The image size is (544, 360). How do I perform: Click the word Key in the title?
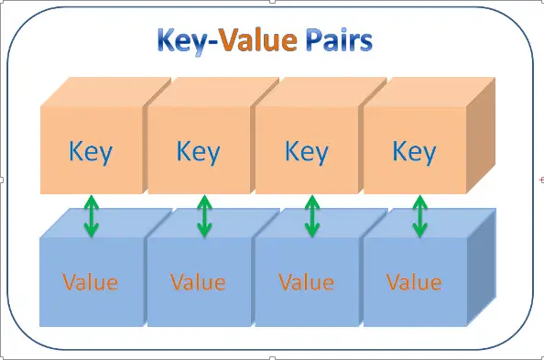[x=181, y=42]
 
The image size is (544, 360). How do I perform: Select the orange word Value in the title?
[x=259, y=42]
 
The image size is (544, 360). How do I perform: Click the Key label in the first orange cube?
[x=90, y=151]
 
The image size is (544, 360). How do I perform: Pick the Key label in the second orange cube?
[x=198, y=151]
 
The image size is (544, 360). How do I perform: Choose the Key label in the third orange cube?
[x=306, y=151]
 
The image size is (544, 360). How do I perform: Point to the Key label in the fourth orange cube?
[x=414, y=151]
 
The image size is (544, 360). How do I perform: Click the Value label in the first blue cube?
[x=90, y=281]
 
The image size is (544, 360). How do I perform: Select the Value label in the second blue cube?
[x=198, y=281]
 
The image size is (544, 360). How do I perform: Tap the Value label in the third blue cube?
[x=306, y=281]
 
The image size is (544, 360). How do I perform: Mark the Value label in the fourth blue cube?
[x=414, y=281]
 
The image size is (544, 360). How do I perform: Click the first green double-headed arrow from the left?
[x=91, y=217]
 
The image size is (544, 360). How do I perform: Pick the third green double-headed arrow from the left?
[x=311, y=217]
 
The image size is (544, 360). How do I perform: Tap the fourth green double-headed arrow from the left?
[x=419, y=217]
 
